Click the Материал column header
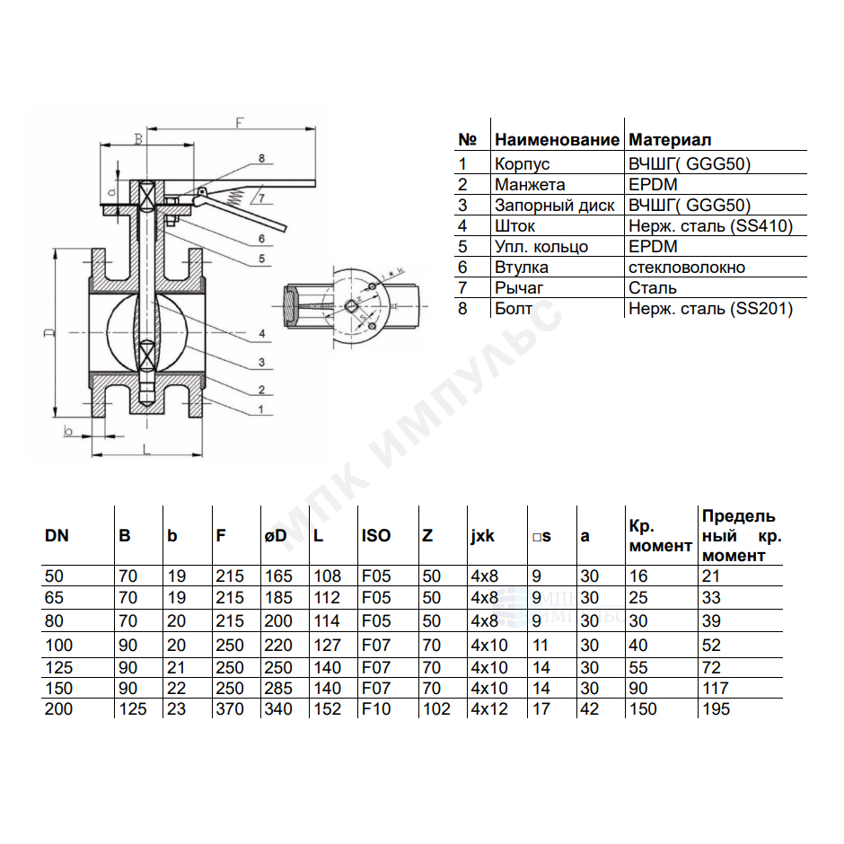(x=670, y=140)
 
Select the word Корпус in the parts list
(x=522, y=163)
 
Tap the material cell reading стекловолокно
(x=687, y=267)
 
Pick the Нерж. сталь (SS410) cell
(x=710, y=226)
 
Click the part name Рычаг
(x=519, y=288)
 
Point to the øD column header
(x=276, y=536)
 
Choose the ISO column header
(x=375, y=535)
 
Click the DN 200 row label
(x=58, y=709)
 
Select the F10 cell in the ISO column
(x=376, y=709)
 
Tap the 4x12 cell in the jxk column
(x=489, y=709)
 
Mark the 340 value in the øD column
(x=278, y=709)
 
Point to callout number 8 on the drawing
(x=261, y=158)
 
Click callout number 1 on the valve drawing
(x=261, y=409)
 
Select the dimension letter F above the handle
(x=240, y=123)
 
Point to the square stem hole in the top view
(x=351, y=307)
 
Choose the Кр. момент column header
(x=660, y=536)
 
